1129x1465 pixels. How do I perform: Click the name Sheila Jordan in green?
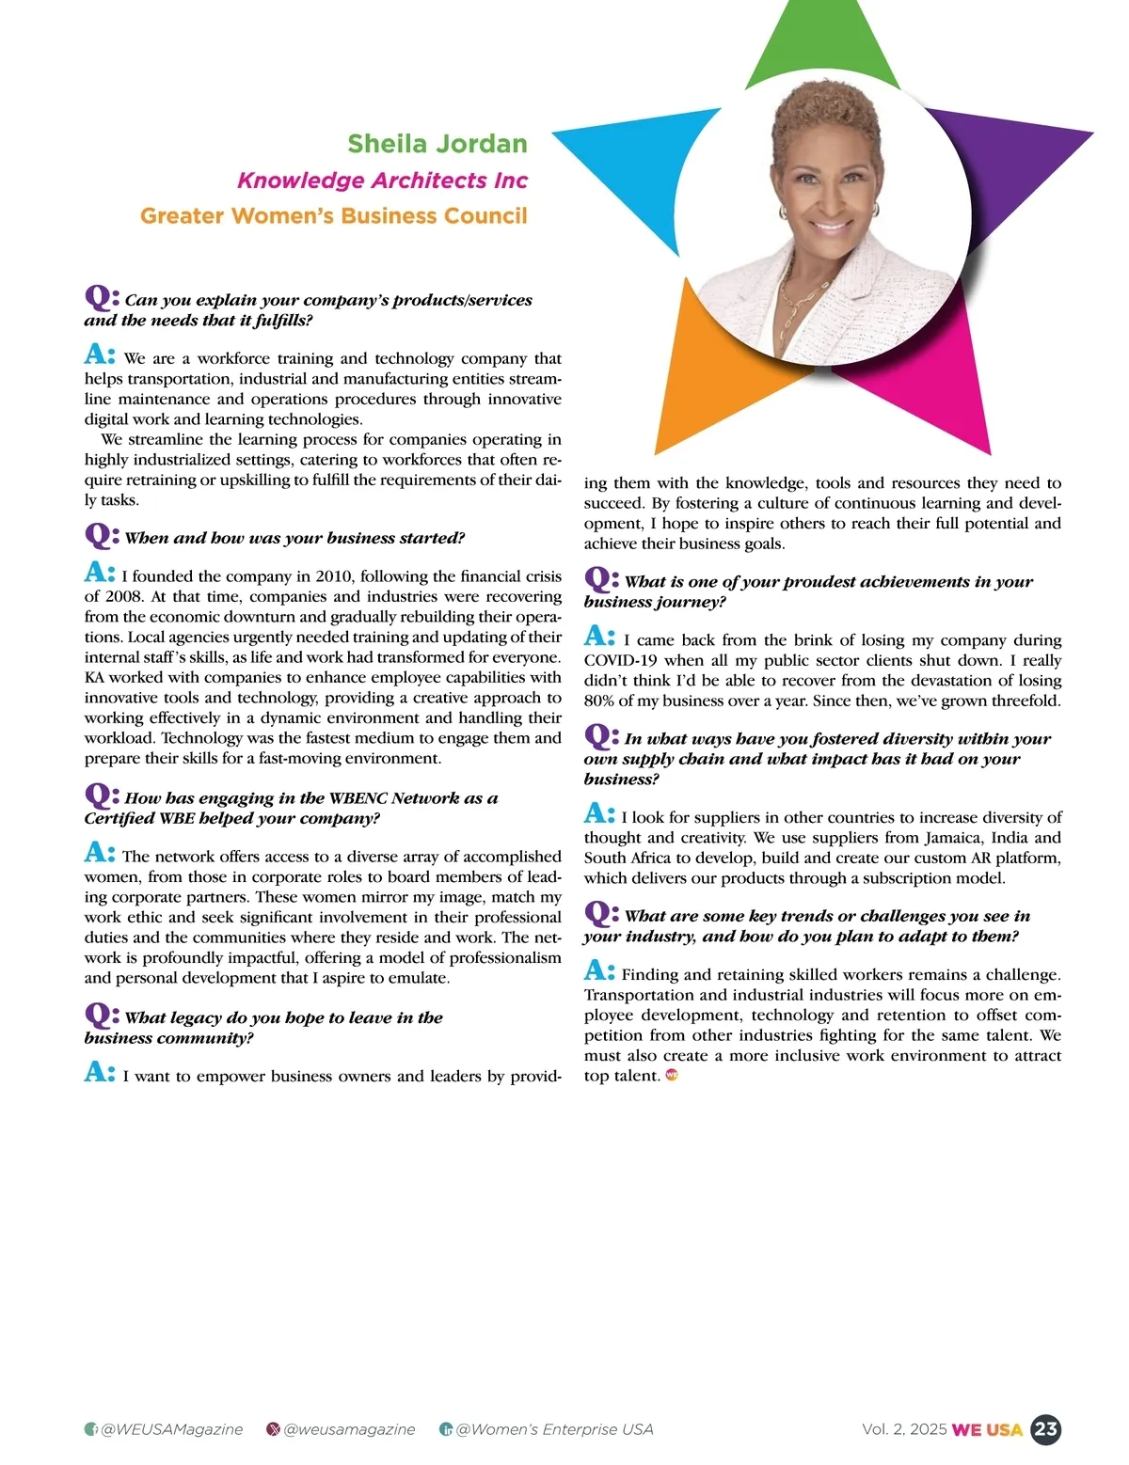[437, 144]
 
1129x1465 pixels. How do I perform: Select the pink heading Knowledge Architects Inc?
[382, 180]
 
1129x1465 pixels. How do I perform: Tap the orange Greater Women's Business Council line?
[333, 215]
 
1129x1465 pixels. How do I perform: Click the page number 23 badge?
[1045, 1429]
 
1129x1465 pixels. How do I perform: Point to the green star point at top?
[822, 47]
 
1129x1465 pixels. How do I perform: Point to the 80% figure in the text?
[600, 701]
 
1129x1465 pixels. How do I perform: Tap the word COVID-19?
[621, 660]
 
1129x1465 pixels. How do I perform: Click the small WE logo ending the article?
[672, 1075]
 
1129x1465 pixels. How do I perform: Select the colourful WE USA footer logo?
[987, 1429]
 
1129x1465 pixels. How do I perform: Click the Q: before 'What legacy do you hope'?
[102, 1015]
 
